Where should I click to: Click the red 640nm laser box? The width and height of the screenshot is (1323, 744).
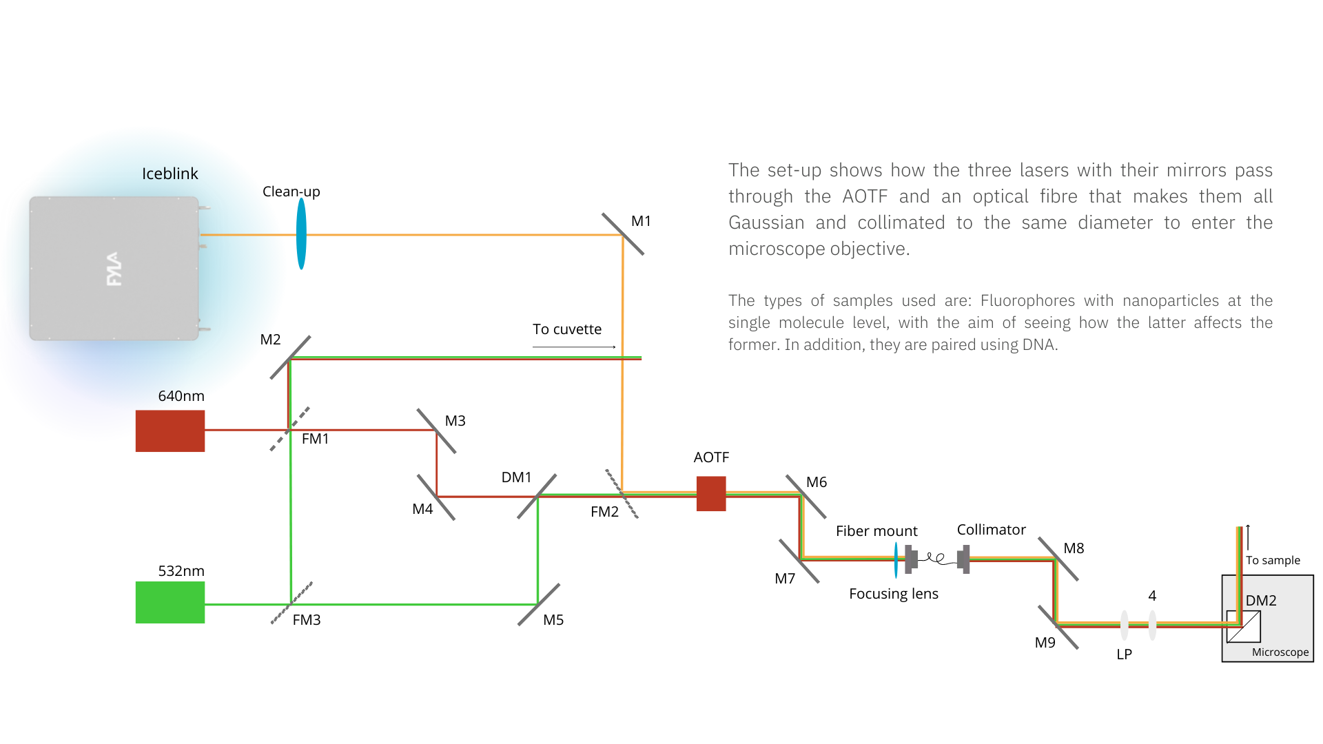(170, 431)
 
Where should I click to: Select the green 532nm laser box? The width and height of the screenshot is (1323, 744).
(170, 602)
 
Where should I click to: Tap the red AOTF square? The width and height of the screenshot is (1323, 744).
(711, 494)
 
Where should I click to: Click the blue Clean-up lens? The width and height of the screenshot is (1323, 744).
(301, 234)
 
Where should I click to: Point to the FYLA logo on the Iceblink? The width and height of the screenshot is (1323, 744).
(114, 269)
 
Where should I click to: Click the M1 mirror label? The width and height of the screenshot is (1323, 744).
(641, 221)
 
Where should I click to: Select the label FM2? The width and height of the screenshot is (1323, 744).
(604, 512)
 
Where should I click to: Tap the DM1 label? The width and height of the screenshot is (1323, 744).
(516, 477)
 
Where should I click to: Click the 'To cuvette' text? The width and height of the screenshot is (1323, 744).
(566, 329)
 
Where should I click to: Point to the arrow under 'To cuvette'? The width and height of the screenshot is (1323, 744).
(574, 347)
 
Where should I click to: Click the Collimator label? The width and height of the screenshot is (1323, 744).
(991, 530)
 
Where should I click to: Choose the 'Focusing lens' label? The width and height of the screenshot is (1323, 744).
(893, 594)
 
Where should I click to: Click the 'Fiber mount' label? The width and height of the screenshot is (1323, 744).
(876, 531)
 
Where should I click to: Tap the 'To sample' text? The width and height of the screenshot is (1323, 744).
(1273, 561)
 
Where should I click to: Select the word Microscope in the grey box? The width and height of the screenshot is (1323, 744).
(1280, 652)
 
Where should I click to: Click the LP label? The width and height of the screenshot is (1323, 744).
(1124, 654)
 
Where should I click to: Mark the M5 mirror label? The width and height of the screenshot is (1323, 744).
(553, 620)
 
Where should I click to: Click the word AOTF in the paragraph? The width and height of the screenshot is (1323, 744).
(865, 197)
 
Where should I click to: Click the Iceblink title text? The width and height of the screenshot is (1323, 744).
(170, 174)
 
